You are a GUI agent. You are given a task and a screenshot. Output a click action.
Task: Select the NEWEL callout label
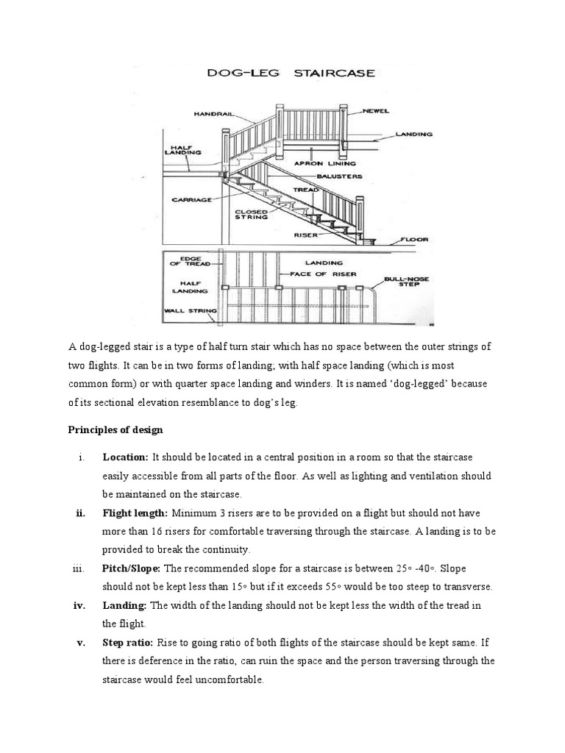click(374, 112)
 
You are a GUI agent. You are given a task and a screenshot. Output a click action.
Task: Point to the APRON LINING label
click(324, 163)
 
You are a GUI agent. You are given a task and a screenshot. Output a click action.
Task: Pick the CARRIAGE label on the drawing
click(191, 199)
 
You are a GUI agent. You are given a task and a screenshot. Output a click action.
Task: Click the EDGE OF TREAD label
click(185, 261)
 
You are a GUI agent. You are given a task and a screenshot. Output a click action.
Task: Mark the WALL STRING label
click(188, 310)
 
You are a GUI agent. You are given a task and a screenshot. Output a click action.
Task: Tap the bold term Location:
click(126, 457)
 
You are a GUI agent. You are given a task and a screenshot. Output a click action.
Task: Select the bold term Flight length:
click(135, 513)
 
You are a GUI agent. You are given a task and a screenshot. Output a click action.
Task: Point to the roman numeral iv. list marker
click(82, 605)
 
